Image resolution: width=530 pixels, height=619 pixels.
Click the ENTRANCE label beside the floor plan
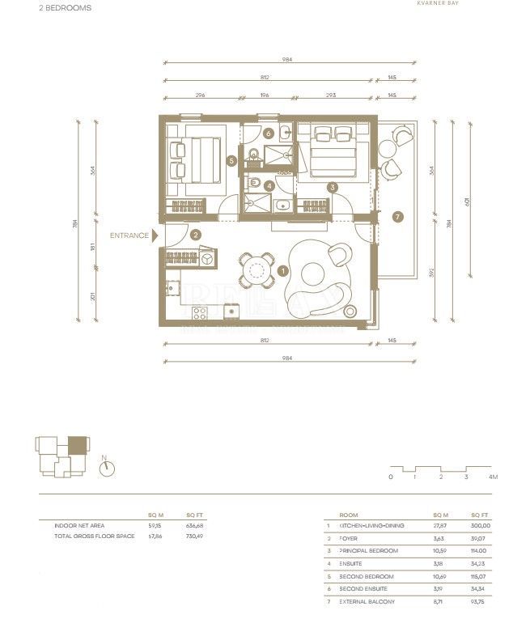tap(129, 235)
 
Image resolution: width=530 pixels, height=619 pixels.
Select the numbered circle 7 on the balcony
tap(396, 217)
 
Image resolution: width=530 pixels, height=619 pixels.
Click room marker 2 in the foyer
tap(196, 235)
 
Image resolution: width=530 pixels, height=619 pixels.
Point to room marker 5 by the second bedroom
tap(231, 161)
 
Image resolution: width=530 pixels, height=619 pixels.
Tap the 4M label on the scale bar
tap(493, 477)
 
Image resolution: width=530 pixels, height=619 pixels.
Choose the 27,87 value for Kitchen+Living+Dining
tap(440, 526)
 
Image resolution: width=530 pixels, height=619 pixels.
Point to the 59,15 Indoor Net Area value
tap(155, 526)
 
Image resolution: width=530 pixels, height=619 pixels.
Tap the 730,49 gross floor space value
tap(194, 536)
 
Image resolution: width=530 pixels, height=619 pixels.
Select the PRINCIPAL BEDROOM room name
tap(368, 550)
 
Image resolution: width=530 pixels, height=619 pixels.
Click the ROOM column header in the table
tap(349, 515)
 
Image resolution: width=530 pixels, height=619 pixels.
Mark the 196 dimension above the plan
tap(263, 95)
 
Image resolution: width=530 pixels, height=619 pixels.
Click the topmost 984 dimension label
tap(286, 59)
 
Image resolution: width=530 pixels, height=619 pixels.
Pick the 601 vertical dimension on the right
tap(466, 198)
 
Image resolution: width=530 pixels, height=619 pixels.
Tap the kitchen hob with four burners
tap(200, 312)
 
